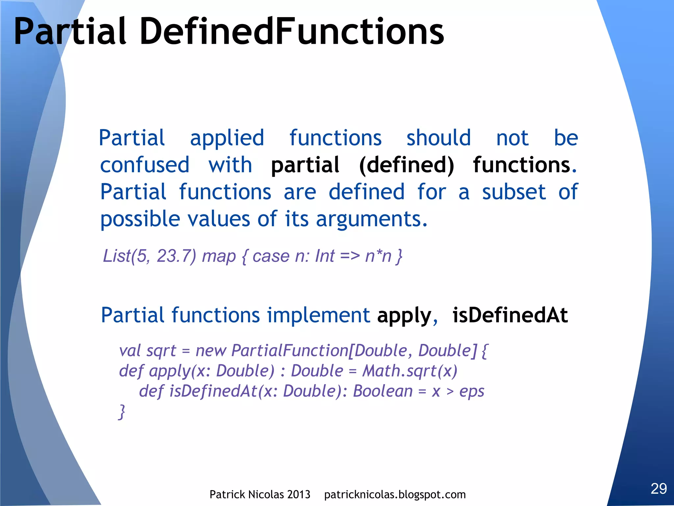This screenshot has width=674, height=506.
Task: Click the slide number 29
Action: pyautogui.click(x=659, y=488)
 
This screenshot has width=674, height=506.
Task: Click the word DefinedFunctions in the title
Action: pyautogui.click(x=292, y=32)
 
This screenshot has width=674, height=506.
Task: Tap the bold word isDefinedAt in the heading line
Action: pyautogui.click(x=510, y=315)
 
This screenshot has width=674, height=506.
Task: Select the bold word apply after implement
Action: pyautogui.click(x=404, y=316)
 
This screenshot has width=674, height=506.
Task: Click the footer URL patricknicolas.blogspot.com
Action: pyautogui.click(x=395, y=494)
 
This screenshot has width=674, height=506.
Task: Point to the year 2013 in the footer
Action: pyautogui.click(x=298, y=494)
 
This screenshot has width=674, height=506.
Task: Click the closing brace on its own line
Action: pyautogui.click(x=122, y=412)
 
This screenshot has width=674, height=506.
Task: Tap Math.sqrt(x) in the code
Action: pyautogui.click(x=410, y=371)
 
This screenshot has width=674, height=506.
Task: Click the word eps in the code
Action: pyautogui.click(x=472, y=392)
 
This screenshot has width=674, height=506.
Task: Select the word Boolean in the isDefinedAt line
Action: pyautogui.click(x=382, y=391)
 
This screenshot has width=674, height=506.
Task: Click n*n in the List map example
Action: pyautogui.click(x=378, y=256)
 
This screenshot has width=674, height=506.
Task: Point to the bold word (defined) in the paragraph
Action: pyautogui.click(x=406, y=165)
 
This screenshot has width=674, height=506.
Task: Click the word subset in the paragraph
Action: pyautogui.click(x=514, y=192)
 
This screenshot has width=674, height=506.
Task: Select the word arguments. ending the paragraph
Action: pyautogui.click(x=372, y=219)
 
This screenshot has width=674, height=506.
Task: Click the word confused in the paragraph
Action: pyautogui.click(x=145, y=165)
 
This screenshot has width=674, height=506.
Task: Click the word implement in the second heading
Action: pyautogui.click(x=318, y=315)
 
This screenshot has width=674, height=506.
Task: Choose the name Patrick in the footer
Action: pyautogui.click(x=227, y=494)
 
